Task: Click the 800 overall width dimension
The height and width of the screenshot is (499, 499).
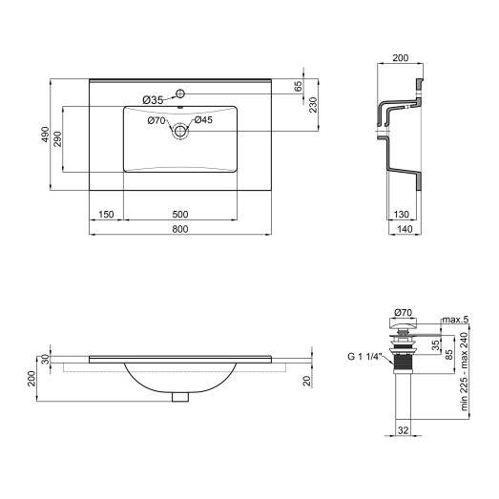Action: tap(179, 229)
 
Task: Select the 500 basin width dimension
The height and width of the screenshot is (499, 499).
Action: tap(179, 214)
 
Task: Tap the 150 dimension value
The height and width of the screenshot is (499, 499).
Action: tap(106, 214)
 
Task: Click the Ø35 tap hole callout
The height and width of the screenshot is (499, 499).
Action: tap(154, 99)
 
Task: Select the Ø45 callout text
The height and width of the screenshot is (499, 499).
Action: tap(204, 120)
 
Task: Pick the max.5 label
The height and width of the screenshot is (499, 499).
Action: tap(456, 319)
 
